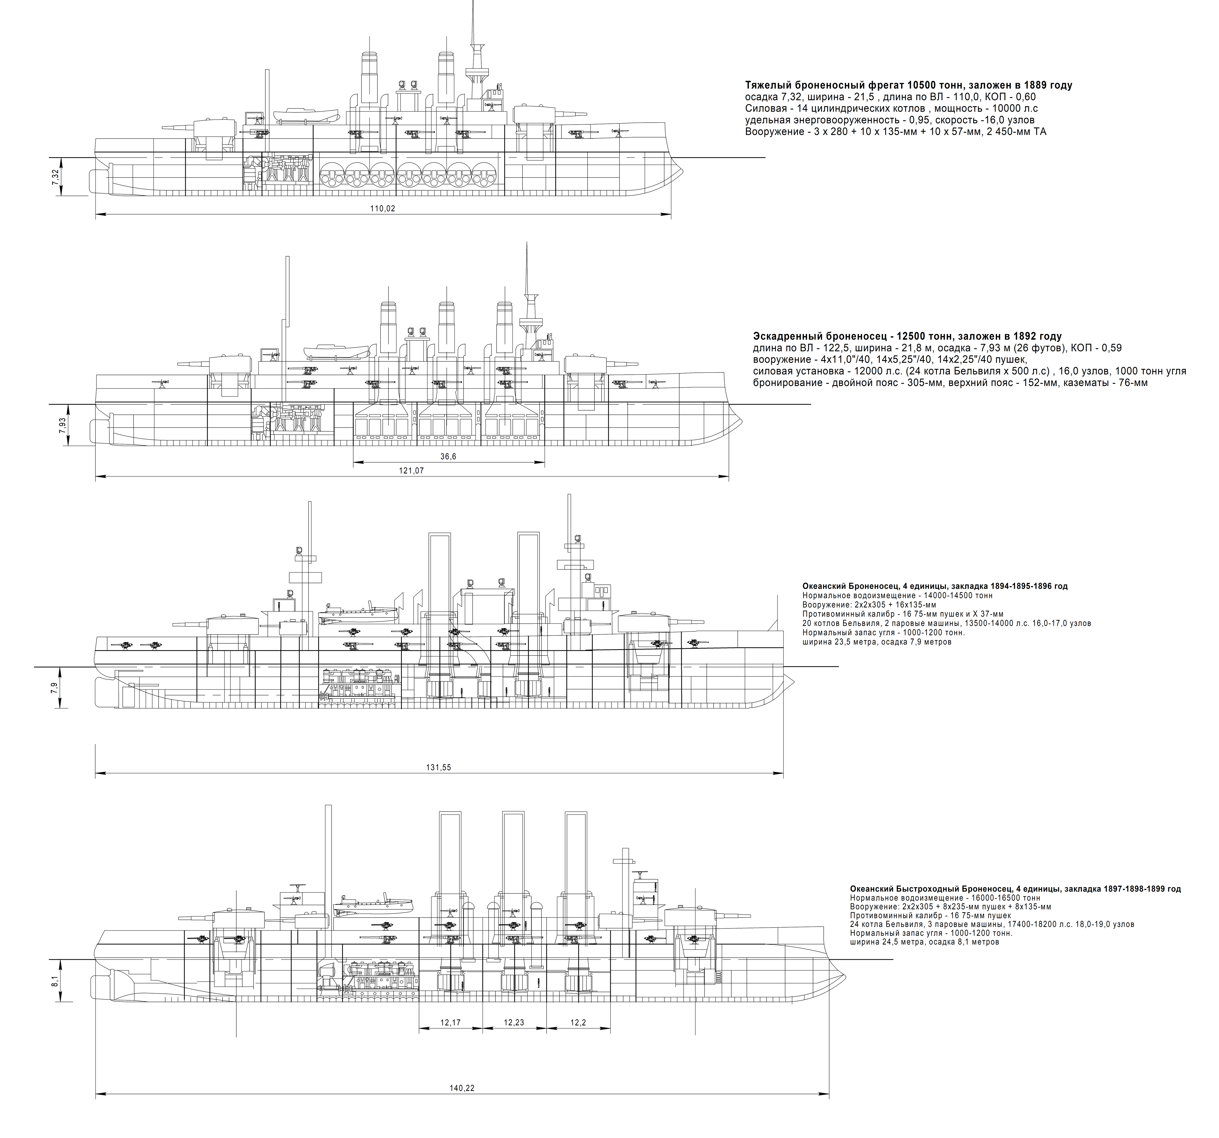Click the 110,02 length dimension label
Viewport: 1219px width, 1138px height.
(383, 208)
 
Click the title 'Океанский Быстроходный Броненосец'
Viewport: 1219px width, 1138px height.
(1015, 889)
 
